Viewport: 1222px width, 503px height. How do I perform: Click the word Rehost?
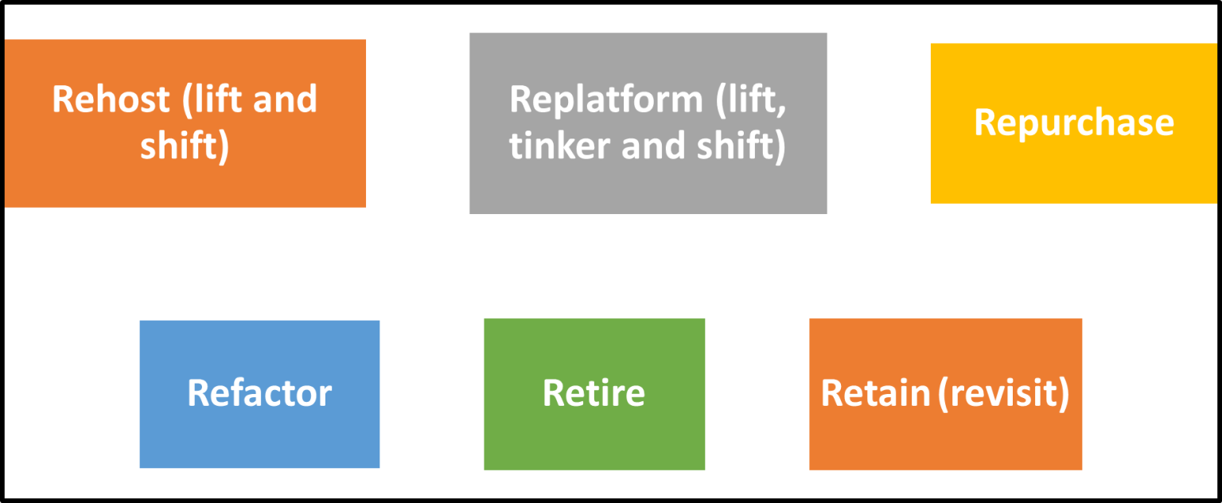(111, 100)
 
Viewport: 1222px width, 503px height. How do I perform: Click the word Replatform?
(605, 100)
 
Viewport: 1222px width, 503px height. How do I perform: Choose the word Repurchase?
(1073, 123)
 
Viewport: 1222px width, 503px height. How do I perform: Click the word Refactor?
(259, 393)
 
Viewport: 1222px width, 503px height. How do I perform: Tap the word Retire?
(593, 393)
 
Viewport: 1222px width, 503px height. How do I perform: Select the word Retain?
(875, 393)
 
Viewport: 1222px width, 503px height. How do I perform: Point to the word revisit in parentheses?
(1004, 393)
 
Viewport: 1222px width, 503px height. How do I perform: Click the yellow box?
(1073, 175)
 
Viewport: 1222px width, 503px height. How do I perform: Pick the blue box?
(259, 438)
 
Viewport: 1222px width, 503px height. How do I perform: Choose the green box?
(593, 438)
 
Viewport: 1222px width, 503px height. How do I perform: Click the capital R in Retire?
(552, 393)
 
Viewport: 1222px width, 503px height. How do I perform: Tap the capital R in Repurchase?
(984, 123)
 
